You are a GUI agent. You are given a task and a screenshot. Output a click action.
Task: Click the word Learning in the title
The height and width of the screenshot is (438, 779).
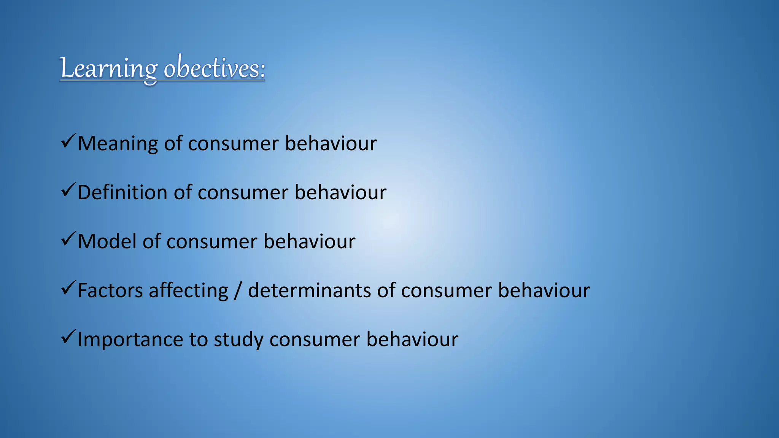pyautogui.click(x=109, y=69)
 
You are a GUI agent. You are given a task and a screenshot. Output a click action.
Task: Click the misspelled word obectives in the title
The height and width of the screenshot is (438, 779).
pyautogui.click(x=214, y=68)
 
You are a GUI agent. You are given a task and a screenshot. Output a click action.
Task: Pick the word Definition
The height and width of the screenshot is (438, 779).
pyautogui.click(x=122, y=192)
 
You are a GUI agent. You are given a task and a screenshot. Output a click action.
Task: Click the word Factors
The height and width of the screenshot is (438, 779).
pyautogui.click(x=110, y=291)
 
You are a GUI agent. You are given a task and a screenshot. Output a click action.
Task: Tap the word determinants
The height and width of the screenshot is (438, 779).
pyautogui.click(x=309, y=291)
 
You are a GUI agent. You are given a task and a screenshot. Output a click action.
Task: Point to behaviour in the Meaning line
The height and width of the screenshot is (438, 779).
pyautogui.click(x=331, y=144)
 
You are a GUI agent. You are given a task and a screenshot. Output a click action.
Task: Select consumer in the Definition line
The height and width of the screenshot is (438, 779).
pyautogui.click(x=243, y=193)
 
